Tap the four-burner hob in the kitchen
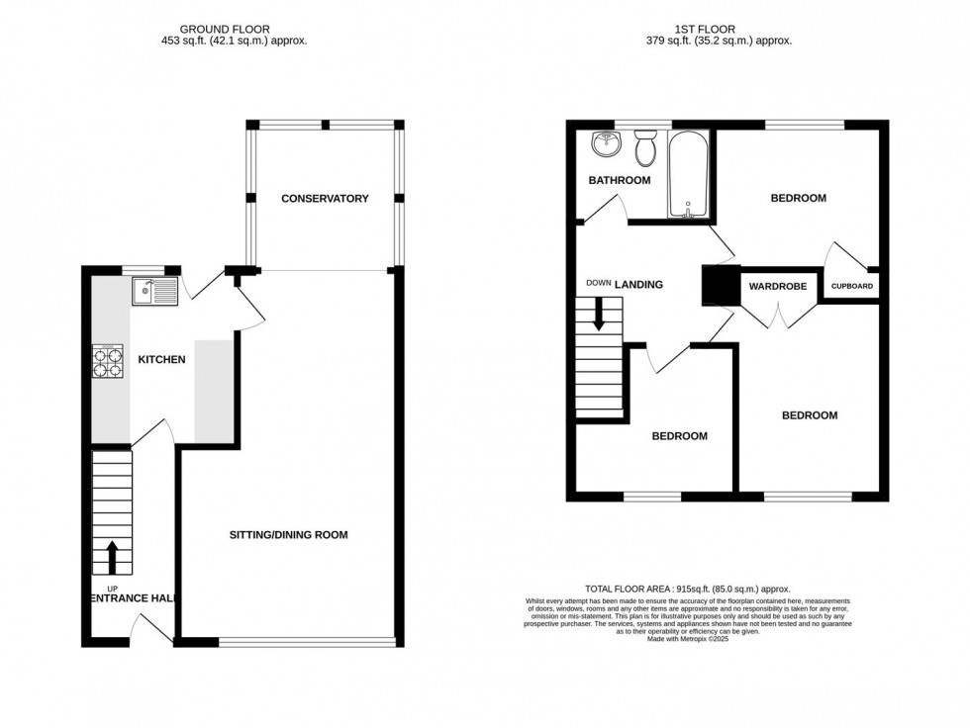point(107,361)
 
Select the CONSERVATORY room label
point(325,199)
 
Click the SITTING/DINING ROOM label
point(288,535)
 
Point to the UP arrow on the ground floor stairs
point(112,557)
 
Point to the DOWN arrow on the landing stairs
point(598,317)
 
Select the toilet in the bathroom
point(645,150)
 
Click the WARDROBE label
point(777,287)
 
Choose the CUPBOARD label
point(852,287)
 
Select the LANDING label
point(638,285)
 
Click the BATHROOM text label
point(620,180)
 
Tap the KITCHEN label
point(161,360)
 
